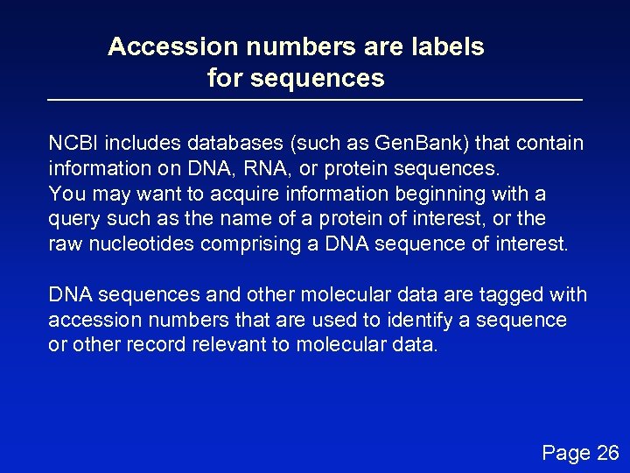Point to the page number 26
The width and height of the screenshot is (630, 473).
606,452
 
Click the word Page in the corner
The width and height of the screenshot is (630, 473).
565,453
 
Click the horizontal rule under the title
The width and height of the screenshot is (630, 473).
315,101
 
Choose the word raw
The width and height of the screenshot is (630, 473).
64,244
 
